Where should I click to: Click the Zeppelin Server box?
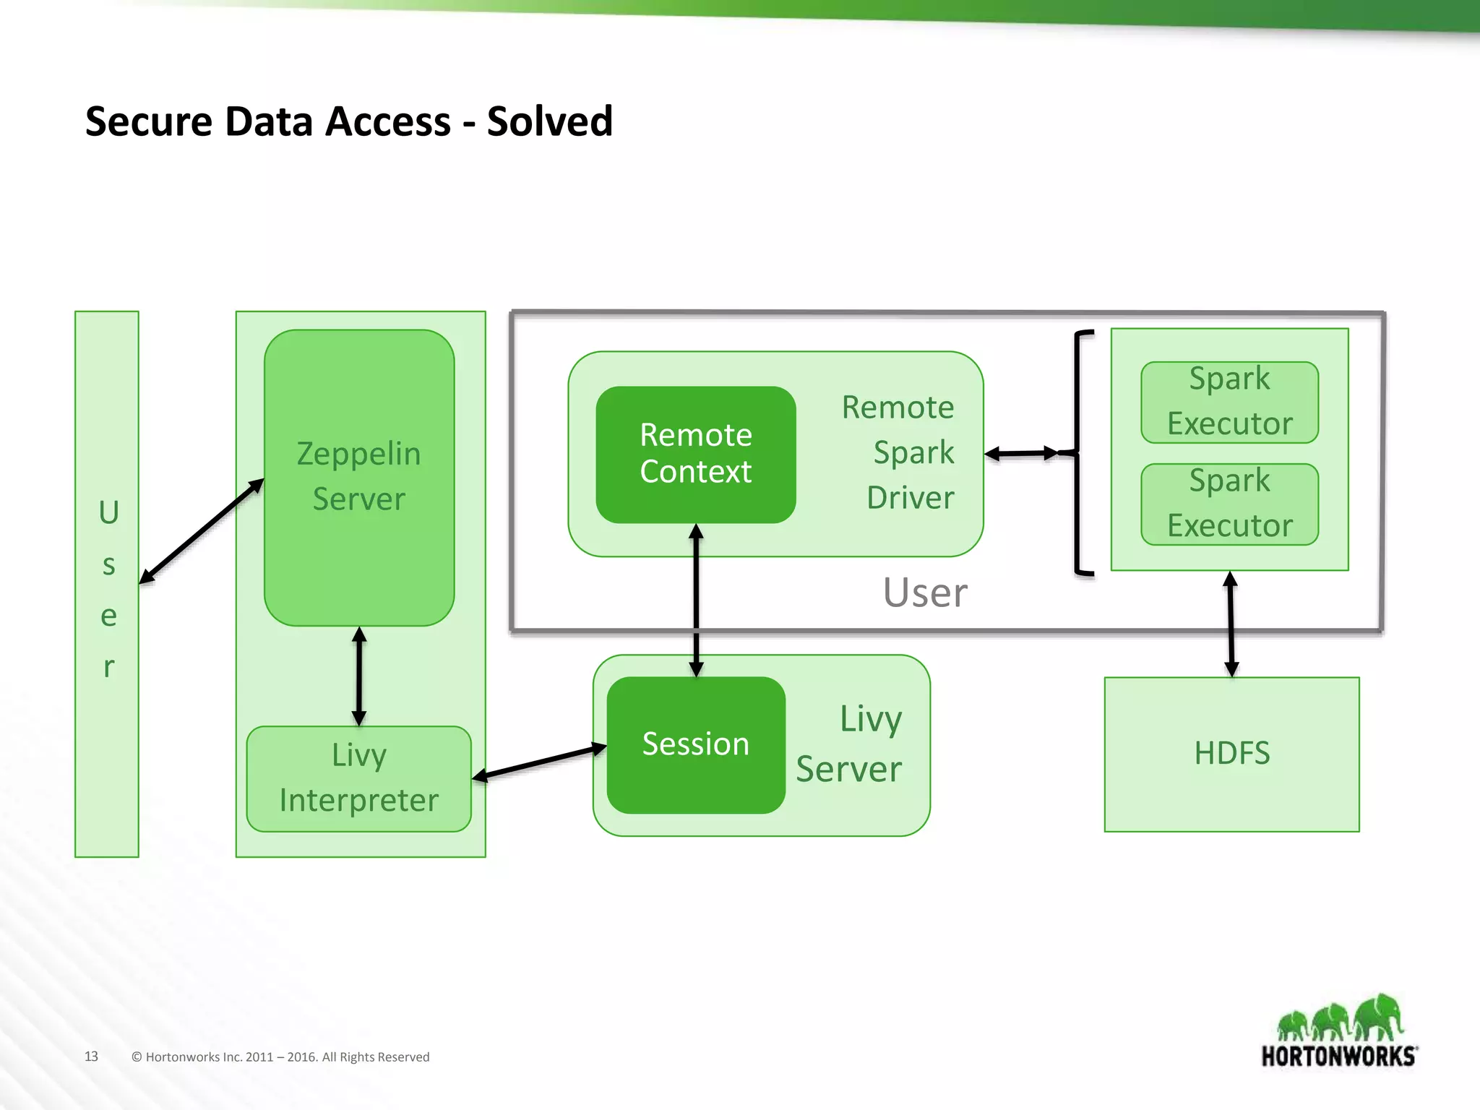(358, 477)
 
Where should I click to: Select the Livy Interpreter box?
(358, 778)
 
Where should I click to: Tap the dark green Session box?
(695, 744)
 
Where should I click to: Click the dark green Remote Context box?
(695, 454)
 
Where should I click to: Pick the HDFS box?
(1231, 754)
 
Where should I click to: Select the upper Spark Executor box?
(1229, 402)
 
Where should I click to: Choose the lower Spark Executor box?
(1229, 504)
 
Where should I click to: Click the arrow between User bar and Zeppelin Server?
(201, 531)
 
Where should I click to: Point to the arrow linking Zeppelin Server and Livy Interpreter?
(359, 676)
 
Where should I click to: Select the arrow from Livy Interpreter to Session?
(539, 762)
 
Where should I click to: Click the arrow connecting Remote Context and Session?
(696, 600)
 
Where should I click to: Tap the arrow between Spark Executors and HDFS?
(1231, 624)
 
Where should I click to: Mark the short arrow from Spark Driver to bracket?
(1022, 454)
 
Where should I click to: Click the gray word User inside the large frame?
(924, 593)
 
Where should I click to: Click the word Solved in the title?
(549, 121)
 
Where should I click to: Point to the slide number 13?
(91, 1056)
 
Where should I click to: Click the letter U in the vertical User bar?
(108, 512)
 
